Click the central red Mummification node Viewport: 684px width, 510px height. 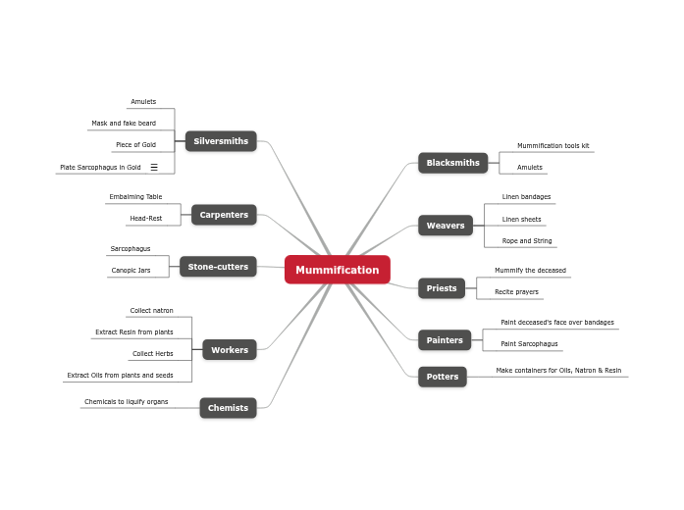(x=337, y=270)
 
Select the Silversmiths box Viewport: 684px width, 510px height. (x=221, y=141)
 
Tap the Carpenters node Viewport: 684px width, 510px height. (x=224, y=215)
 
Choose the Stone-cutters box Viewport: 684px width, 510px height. (x=218, y=267)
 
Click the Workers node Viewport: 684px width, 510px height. (x=230, y=350)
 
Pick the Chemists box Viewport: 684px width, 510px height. (x=228, y=408)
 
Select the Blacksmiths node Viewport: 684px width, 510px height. (x=452, y=163)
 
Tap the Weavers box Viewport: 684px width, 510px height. (x=446, y=226)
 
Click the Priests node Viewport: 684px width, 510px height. (x=442, y=288)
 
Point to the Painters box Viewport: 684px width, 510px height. (x=445, y=340)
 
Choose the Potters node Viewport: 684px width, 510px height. (x=443, y=377)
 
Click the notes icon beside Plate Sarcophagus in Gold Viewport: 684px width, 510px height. (x=154, y=168)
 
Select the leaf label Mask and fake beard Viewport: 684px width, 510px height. (x=124, y=124)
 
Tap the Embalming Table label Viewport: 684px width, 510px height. (x=135, y=197)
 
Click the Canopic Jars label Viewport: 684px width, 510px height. (x=131, y=271)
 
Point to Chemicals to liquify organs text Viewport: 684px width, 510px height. (x=126, y=402)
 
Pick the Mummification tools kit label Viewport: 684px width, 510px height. (x=552, y=146)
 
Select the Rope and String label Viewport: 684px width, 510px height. (x=527, y=241)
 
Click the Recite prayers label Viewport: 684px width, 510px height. (x=516, y=292)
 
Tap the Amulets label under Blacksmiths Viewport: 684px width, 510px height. (x=530, y=168)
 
